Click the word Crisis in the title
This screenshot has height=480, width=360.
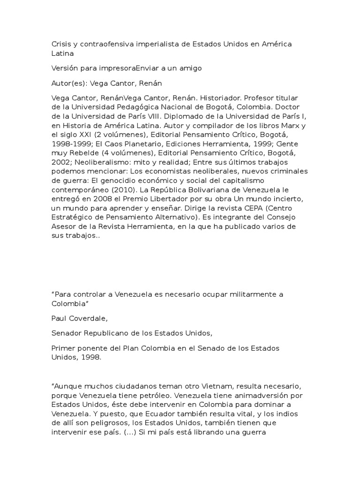click(x=60, y=44)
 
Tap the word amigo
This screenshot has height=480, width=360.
click(x=190, y=68)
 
